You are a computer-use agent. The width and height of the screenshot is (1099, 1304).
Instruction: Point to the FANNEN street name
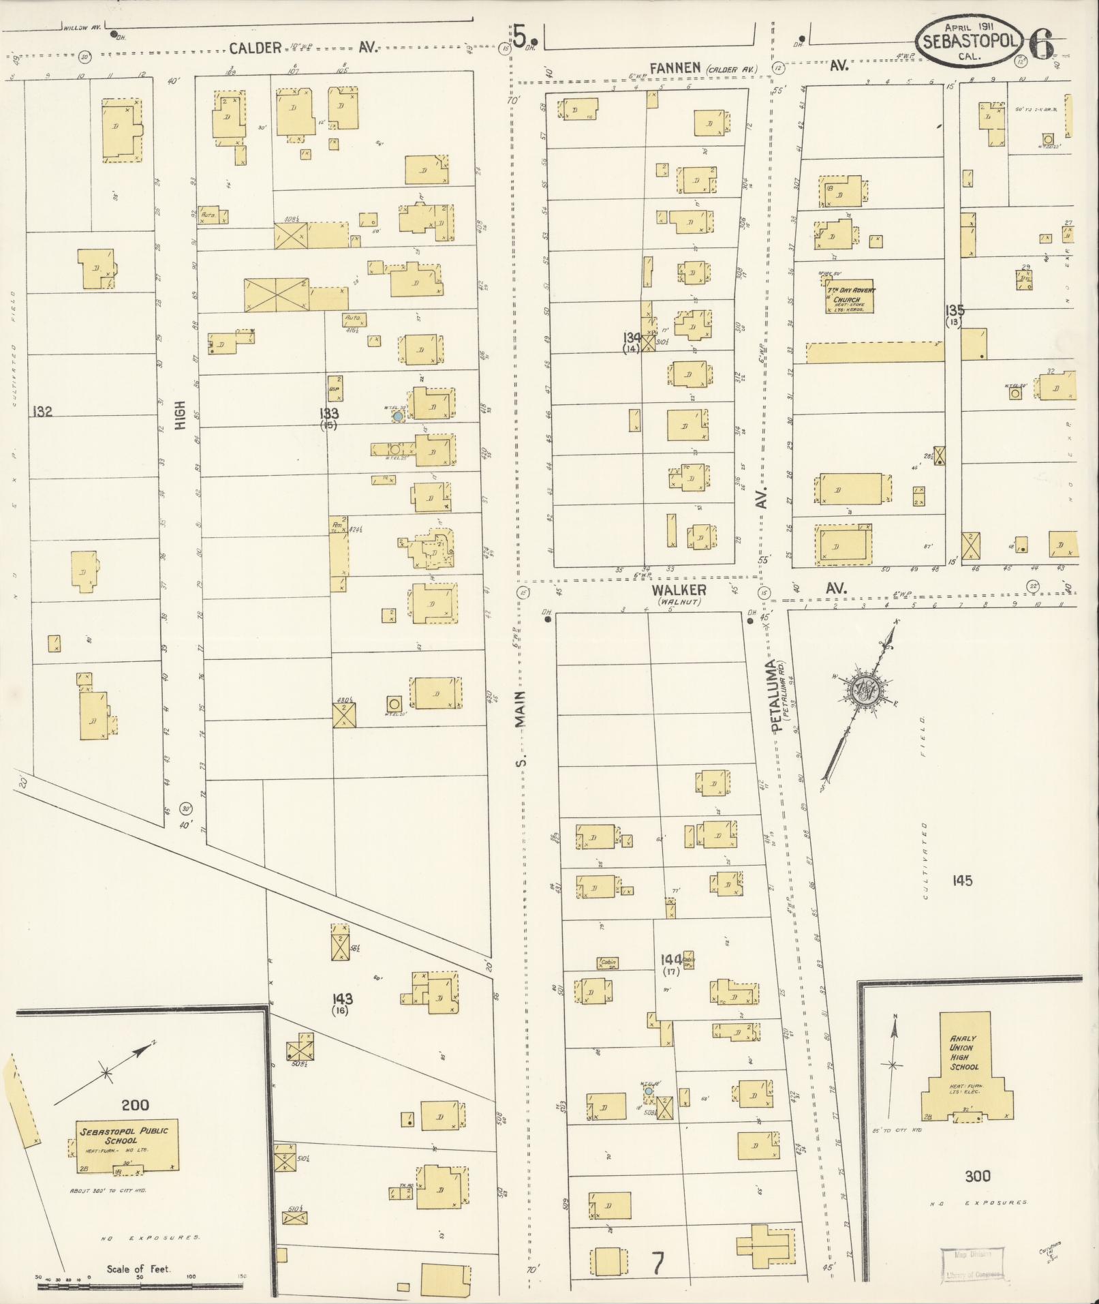tap(675, 67)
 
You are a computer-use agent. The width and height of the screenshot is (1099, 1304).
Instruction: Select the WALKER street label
tap(678, 590)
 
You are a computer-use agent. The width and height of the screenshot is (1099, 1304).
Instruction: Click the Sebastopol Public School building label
tap(124, 1136)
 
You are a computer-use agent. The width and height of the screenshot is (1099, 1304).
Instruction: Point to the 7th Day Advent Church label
tap(848, 295)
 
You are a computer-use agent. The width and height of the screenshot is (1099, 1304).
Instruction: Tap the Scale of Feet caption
tap(138, 1269)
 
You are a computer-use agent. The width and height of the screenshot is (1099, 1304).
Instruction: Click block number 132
tap(42, 412)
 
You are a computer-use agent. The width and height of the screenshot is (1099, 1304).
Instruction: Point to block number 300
tap(978, 1176)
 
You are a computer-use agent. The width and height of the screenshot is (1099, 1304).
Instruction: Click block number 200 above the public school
tap(135, 1104)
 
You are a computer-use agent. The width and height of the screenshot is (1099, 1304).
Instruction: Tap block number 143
tap(343, 999)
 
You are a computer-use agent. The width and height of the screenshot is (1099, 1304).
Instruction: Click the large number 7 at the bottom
tap(657, 1264)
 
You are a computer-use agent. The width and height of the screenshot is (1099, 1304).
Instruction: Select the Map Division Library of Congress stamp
tap(971, 1265)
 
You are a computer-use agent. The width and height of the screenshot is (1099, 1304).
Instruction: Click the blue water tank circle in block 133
tap(398, 415)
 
